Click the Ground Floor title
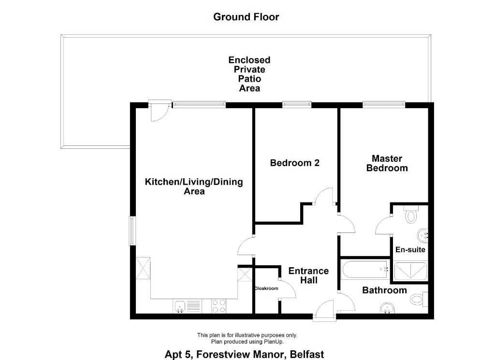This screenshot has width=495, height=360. [246, 17]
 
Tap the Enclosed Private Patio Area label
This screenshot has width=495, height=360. [249, 74]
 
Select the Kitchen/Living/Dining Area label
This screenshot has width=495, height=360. [194, 187]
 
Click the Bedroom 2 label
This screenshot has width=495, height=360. [294, 163]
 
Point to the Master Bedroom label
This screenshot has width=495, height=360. [387, 163]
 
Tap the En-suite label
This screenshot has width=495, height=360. [410, 250]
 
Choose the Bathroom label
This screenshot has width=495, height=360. [384, 290]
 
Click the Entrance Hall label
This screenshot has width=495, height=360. [308, 275]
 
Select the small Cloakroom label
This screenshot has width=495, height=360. [266, 288]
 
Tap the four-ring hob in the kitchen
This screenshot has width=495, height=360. [219, 306]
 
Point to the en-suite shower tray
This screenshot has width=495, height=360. [410, 271]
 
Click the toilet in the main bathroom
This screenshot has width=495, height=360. [418, 300]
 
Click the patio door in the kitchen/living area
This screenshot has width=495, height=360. [158, 112]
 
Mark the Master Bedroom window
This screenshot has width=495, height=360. [384, 103]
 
